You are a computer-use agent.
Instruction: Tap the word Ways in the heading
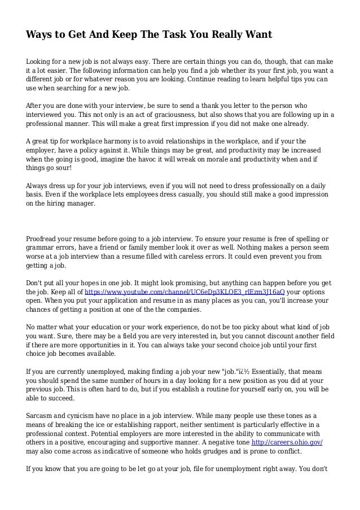click(41, 36)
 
